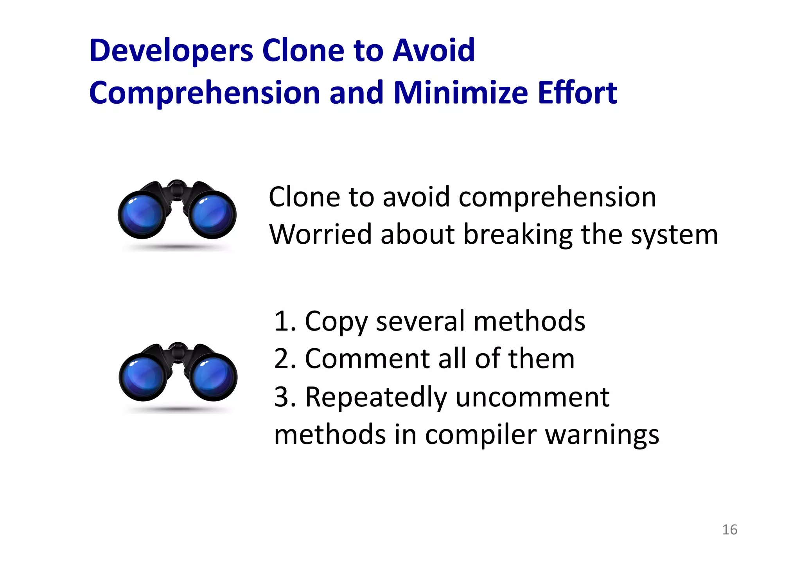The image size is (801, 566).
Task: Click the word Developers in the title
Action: click(171, 51)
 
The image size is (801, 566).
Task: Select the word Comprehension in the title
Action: click(205, 93)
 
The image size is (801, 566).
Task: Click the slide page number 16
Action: click(729, 530)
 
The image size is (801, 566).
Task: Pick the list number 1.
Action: click(282, 322)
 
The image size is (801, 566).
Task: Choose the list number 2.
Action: click(282, 359)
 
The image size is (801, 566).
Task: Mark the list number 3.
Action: click(282, 397)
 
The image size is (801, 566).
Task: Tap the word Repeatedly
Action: click(375, 397)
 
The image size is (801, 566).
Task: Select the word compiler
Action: click(480, 435)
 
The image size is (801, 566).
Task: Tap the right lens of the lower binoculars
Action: click(214, 378)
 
